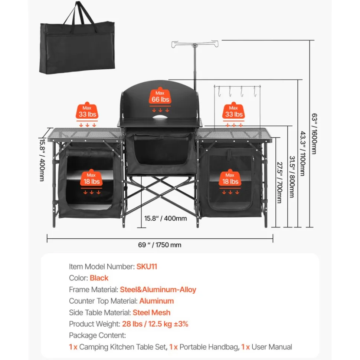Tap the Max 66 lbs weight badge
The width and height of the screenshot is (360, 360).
[x=160, y=97]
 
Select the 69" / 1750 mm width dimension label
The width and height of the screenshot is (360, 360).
[x=160, y=245]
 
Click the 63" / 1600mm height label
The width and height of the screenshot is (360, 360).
[x=314, y=133]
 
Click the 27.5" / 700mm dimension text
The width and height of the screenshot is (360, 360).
[x=279, y=182]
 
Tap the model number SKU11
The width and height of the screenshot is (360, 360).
[x=147, y=267]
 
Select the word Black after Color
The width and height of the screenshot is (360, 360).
[x=99, y=278]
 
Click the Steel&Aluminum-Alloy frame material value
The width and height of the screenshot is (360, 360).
[x=158, y=290]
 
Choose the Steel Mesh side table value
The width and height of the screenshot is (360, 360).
[x=151, y=313]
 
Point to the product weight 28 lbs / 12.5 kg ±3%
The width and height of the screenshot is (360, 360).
[x=155, y=324]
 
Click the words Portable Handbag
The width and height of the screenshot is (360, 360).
[x=209, y=347]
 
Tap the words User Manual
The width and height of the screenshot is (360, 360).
[x=272, y=347]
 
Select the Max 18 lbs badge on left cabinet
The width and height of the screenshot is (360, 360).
[x=91, y=178]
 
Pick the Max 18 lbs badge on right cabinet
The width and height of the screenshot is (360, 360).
[x=230, y=178]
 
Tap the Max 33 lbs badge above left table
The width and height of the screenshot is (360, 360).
[x=87, y=111]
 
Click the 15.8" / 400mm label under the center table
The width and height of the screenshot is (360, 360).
[x=166, y=218]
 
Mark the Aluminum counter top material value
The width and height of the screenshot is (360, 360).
[x=157, y=301]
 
